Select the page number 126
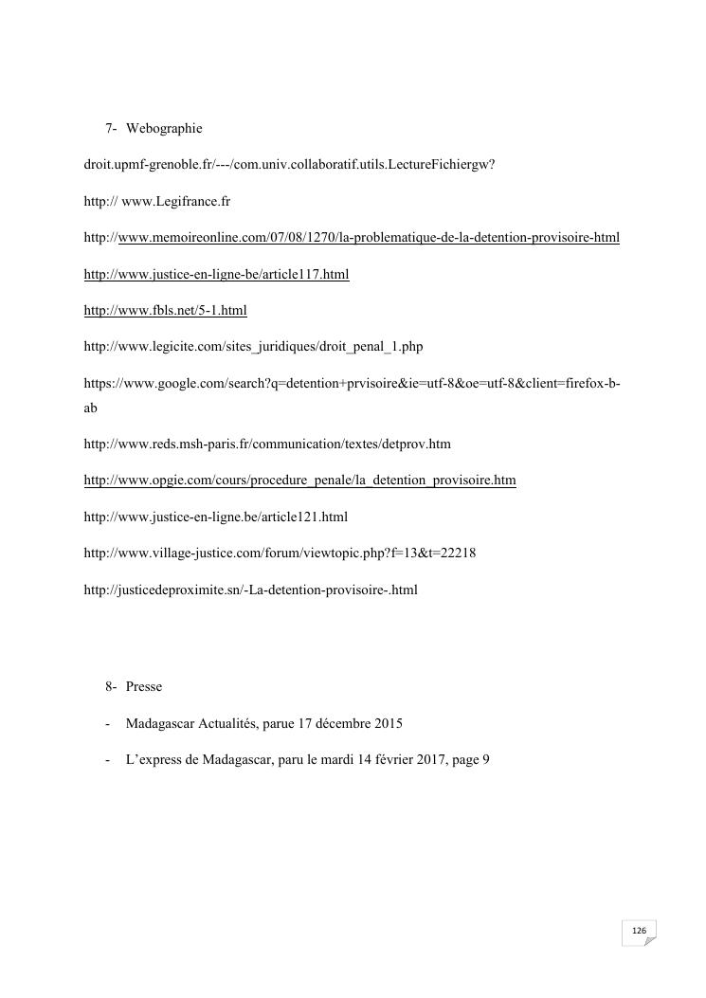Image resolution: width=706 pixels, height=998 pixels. tap(639, 931)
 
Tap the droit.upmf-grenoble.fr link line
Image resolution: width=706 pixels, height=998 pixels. tap(290, 165)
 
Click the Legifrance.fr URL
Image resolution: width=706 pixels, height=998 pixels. tap(157, 202)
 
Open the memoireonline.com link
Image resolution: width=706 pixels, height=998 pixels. tap(352, 238)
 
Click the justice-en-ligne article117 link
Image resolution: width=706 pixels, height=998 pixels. tap(217, 275)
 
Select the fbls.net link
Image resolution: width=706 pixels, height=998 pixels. tap(166, 311)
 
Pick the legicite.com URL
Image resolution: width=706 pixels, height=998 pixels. tap(253, 347)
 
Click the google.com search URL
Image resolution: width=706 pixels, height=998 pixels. tap(352, 385)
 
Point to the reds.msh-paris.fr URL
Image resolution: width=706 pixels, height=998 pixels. tap(267, 444)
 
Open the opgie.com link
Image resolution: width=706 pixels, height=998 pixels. tap(299, 481)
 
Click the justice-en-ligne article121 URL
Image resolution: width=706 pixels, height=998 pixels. tap(216, 517)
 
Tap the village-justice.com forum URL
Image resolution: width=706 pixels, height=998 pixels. tap(280, 553)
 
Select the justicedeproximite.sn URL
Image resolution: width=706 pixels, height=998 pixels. tap(250, 590)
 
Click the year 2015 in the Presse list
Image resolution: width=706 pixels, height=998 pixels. tap(388, 724)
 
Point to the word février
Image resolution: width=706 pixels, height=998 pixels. tap(391, 760)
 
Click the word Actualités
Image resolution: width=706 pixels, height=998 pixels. tap(224, 724)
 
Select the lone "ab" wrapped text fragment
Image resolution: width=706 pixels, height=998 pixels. tap(91, 408)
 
